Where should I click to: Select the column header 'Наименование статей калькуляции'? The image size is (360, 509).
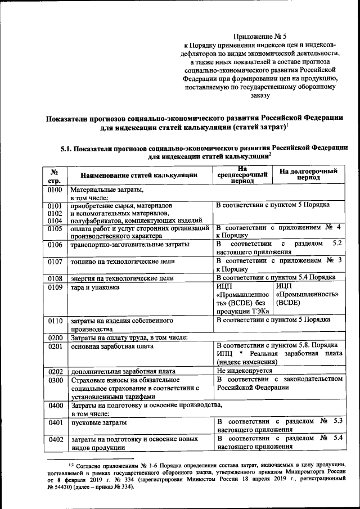[138, 175]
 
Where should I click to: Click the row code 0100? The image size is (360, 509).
[55, 192]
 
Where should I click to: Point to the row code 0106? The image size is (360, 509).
[55, 245]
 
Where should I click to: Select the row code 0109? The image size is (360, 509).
[55, 287]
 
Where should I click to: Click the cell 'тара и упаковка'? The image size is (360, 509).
[94, 287]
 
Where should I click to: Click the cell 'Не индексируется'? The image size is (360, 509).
[245, 371]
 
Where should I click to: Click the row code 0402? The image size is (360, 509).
[55, 439]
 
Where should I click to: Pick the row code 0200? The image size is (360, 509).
[55, 337]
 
